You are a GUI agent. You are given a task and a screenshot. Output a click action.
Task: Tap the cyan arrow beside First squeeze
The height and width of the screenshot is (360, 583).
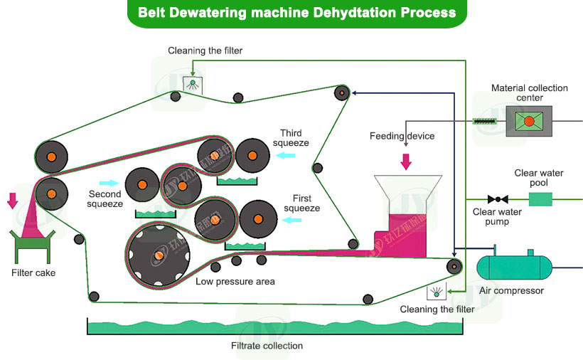pyautogui.click(x=290, y=221)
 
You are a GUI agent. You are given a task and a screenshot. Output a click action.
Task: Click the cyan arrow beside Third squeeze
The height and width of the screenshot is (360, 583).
pyautogui.click(x=286, y=154)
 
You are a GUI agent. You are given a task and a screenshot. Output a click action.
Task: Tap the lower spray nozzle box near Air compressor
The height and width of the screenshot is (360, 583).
pyautogui.click(x=435, y=292)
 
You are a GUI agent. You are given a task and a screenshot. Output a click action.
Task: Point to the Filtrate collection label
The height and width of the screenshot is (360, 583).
pyautogui.click(x=267, y=346)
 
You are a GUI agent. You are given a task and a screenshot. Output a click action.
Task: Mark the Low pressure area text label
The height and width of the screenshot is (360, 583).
pyautogui.click(x=235, y=282)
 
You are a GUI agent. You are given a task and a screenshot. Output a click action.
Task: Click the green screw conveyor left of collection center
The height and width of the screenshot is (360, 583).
pyautogui.click(x=486, y=121)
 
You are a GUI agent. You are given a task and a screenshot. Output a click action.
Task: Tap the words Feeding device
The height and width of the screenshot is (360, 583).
pyautogui.click(x=402, y=136)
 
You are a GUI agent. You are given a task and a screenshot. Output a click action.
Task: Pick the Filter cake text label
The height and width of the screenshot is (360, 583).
pyautogui.click(x=33, y=272)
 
